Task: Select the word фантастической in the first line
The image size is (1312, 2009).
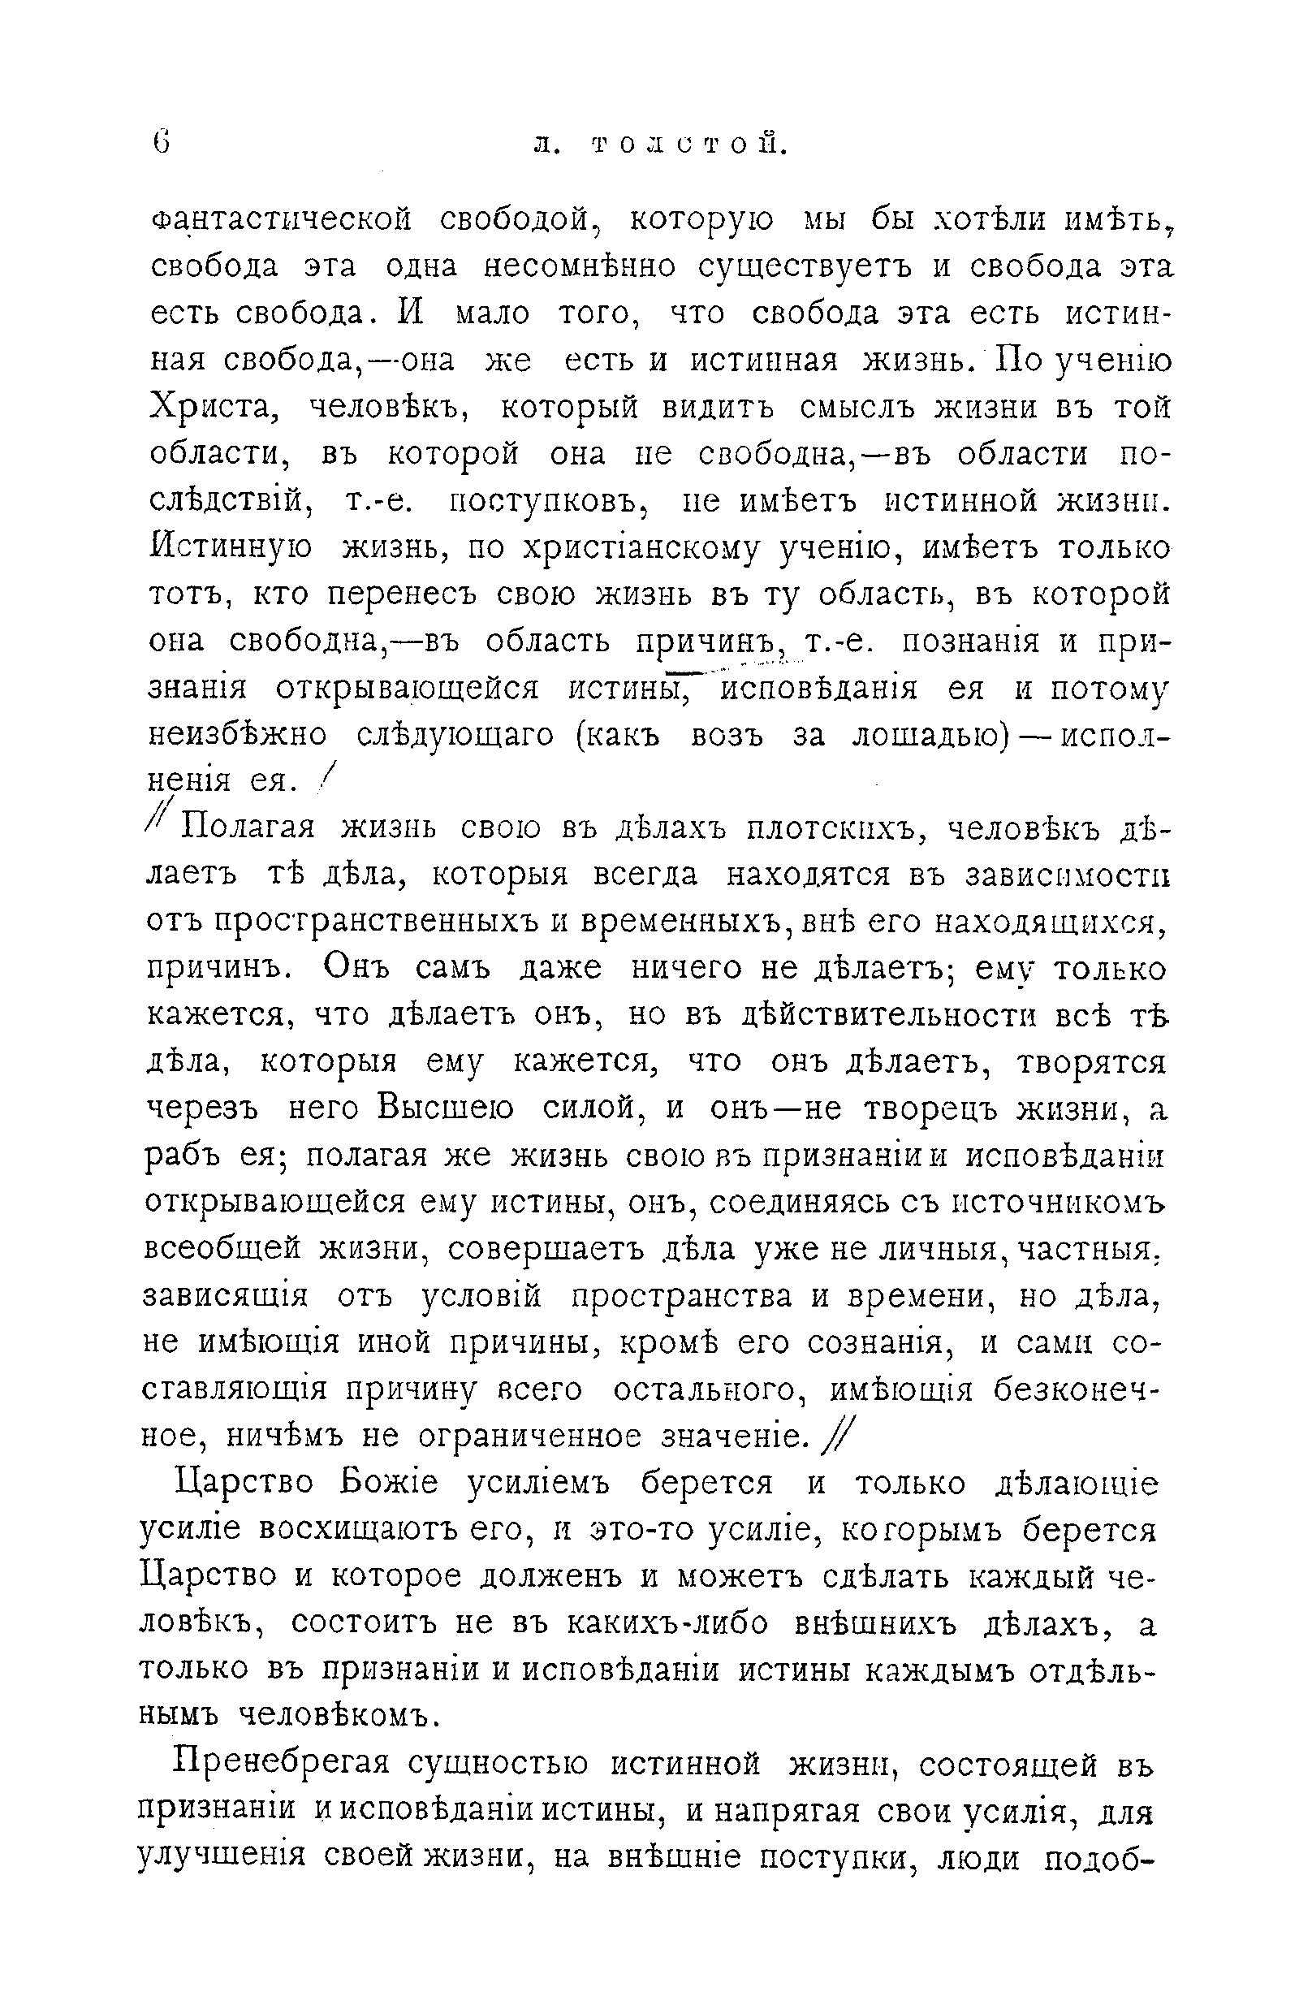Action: pos(282,221)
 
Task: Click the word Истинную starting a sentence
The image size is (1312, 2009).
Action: pos(231,549)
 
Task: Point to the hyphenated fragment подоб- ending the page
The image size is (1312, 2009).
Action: pos(1098,1858)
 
